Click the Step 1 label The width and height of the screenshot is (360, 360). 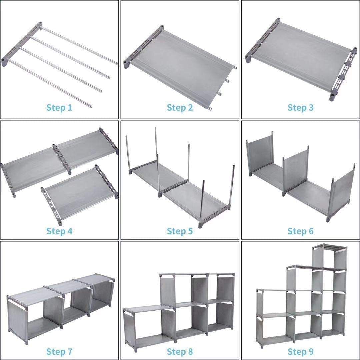click(59, 108)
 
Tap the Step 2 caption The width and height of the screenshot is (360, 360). click(180, 108)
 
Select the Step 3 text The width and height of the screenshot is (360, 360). click(301, 108)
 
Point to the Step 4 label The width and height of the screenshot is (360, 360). click(59, 231)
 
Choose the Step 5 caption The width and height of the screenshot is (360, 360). click(180, 231)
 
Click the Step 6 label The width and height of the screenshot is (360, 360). click(301, 231)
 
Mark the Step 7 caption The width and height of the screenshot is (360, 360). click(59, 351)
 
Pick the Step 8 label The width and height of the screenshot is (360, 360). click(180, 351)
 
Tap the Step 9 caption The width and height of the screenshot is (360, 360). click(301, 351)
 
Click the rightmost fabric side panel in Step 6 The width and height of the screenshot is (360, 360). click(343, 190)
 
